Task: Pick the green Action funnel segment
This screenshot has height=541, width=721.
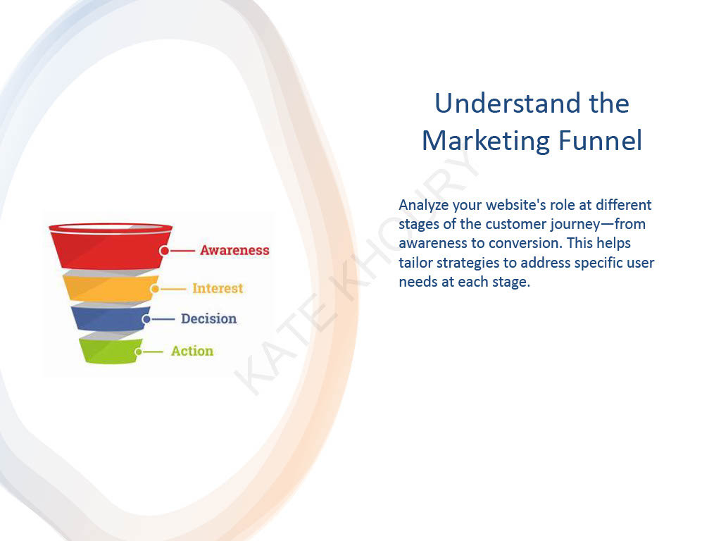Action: pos(109,350)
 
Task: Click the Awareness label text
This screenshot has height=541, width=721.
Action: pos(234,250)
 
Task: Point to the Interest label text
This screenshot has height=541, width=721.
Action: pos(218,288)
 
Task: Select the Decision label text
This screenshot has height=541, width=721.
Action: pos(208,318)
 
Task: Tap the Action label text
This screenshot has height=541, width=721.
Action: pos(192,351)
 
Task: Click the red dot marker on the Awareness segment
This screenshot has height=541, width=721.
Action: pos(164,250)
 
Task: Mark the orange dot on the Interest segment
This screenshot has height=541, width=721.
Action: pos(155,289)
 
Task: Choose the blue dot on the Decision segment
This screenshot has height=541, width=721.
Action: pos(146,319)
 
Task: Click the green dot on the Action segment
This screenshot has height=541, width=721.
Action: pos(139,352)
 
